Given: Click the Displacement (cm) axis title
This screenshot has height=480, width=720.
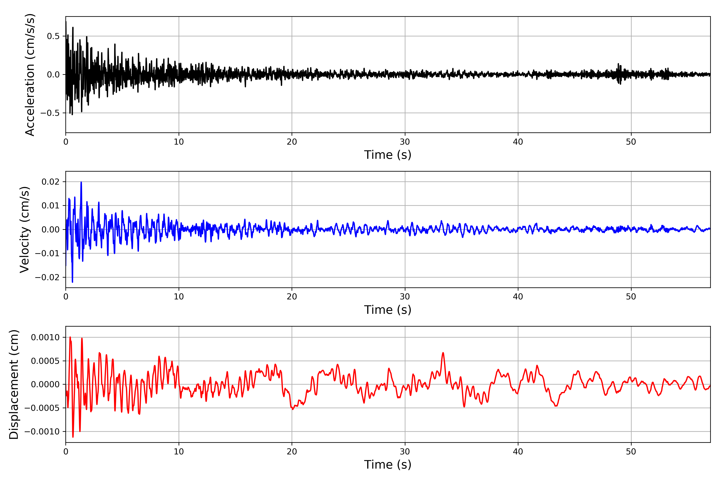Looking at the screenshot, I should (x=14, y=384).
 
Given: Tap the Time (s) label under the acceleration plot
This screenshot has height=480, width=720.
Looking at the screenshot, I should (x=388, y=155).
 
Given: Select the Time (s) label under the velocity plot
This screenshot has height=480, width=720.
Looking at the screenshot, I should (x=388, y=310).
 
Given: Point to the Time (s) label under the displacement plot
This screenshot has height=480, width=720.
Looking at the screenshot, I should (x=388, y=465).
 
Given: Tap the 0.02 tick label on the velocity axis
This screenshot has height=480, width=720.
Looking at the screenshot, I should (x=51, y=182).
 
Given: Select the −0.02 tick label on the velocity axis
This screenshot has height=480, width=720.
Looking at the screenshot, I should (x=47, y=277).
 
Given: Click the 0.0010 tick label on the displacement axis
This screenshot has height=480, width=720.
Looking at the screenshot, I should (x=45, y=337).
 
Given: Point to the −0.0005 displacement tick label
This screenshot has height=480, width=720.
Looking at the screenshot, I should (x=42, y=408).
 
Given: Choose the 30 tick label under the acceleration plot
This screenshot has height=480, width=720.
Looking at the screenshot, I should (x=405, y=142).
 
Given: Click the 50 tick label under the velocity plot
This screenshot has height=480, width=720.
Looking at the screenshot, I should (x=631, y=297).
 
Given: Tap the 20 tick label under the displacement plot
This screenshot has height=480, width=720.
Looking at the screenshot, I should (x=292, y=452).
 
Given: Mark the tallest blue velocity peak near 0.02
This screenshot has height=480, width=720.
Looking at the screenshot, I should (x=81, y=182).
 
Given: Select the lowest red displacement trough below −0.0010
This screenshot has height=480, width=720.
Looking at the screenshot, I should (x=73, y=437).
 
